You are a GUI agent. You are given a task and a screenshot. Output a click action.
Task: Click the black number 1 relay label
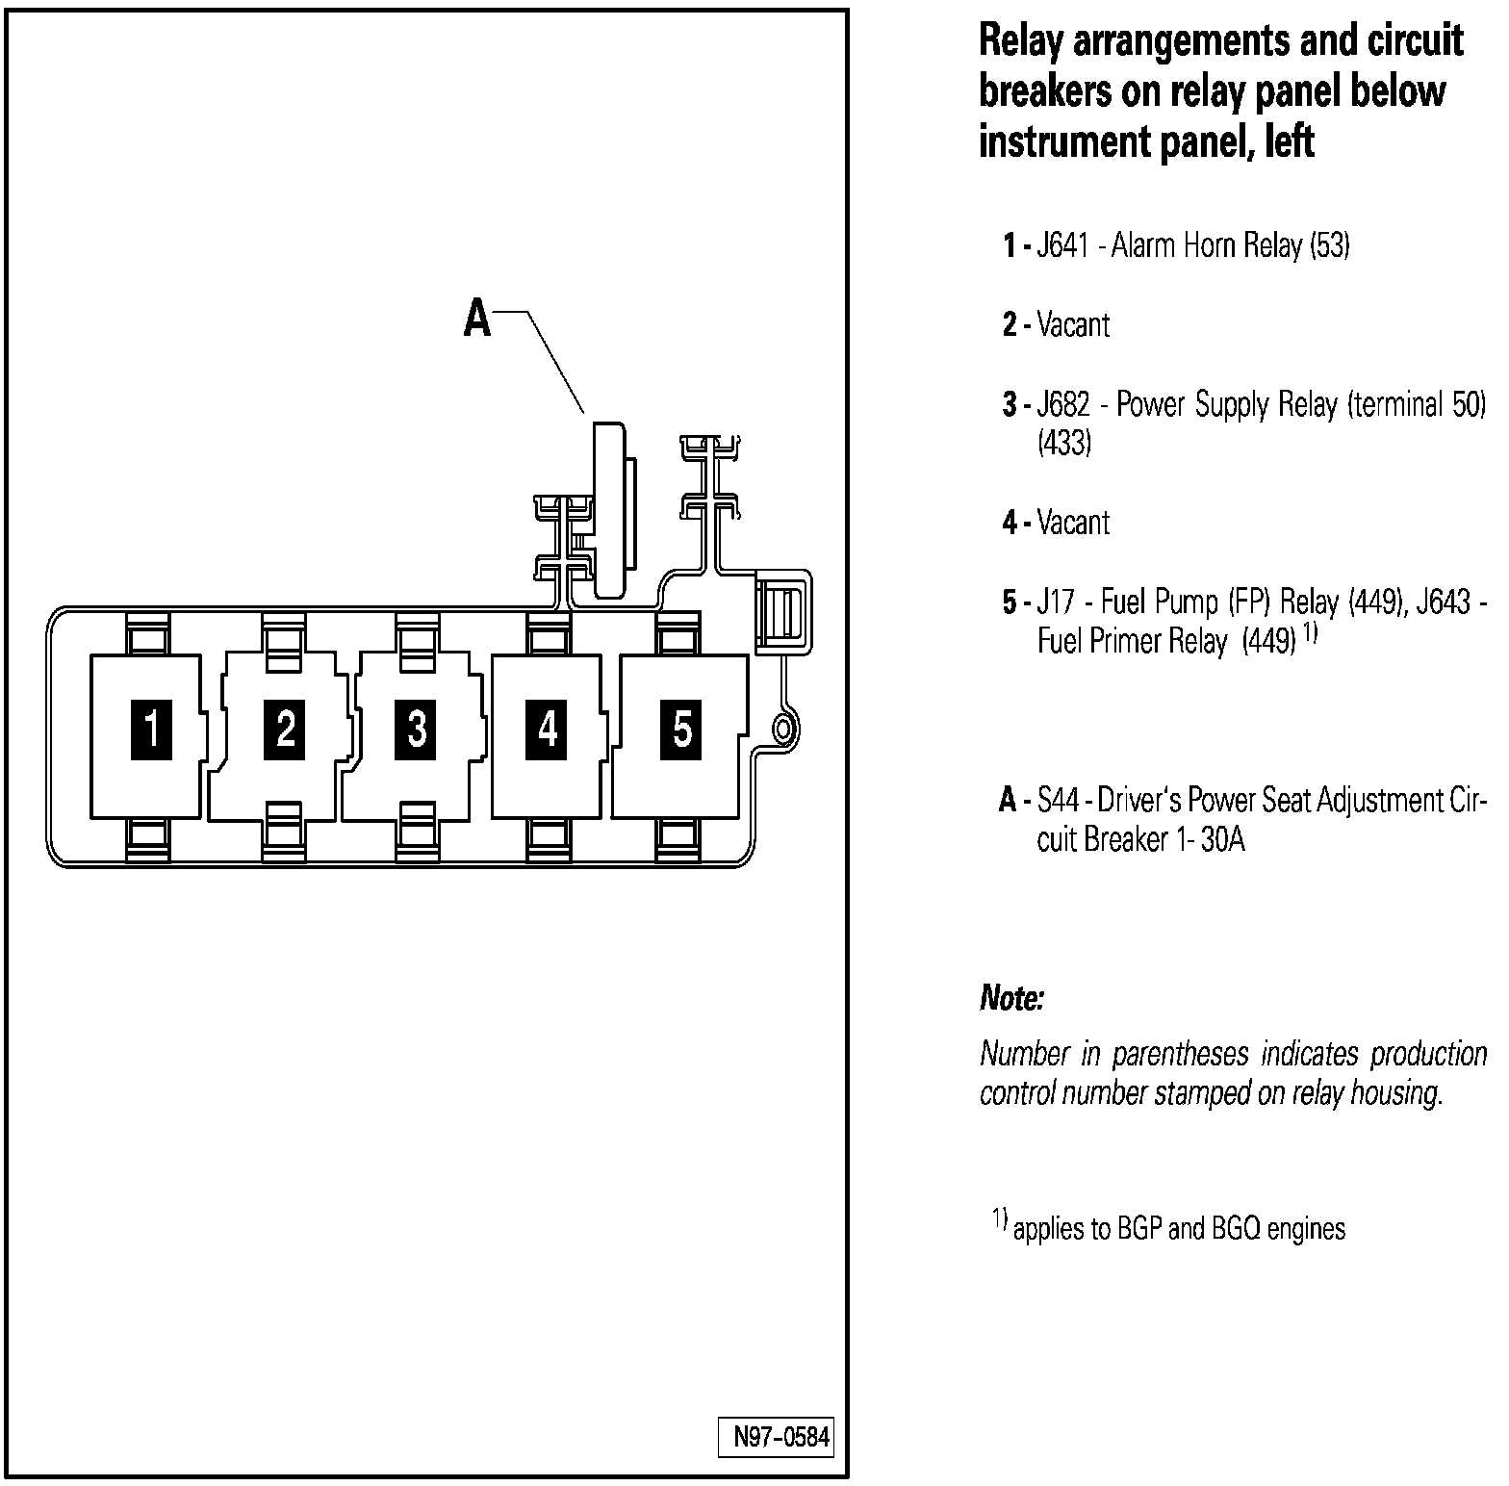coord(151,730)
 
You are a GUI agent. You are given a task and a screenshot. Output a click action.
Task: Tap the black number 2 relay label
coord(285,730)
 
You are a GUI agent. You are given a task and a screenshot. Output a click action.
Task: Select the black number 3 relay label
coord(417,730)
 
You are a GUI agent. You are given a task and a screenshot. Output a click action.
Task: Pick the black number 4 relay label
coord(548,730)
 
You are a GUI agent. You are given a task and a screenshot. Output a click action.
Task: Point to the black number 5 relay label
coord(682,730)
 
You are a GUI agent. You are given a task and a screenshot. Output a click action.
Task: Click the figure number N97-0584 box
coord(776,1438)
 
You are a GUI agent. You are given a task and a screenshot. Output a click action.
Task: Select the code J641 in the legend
coord(1062,246)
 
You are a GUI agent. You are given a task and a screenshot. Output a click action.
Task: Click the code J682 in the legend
coord(1063,405)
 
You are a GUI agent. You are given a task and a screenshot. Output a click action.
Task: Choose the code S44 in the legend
coord(1058,801)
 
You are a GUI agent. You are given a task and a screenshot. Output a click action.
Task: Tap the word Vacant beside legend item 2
coord(1073,325)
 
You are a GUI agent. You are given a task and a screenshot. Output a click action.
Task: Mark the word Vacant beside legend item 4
coord(1073,524)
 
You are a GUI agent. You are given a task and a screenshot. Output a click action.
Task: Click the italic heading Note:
coord(1011,999)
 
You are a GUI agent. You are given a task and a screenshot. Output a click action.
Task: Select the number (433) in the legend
coord(1063,445)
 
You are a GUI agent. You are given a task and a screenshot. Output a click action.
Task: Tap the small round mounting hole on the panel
coord(783,729)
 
